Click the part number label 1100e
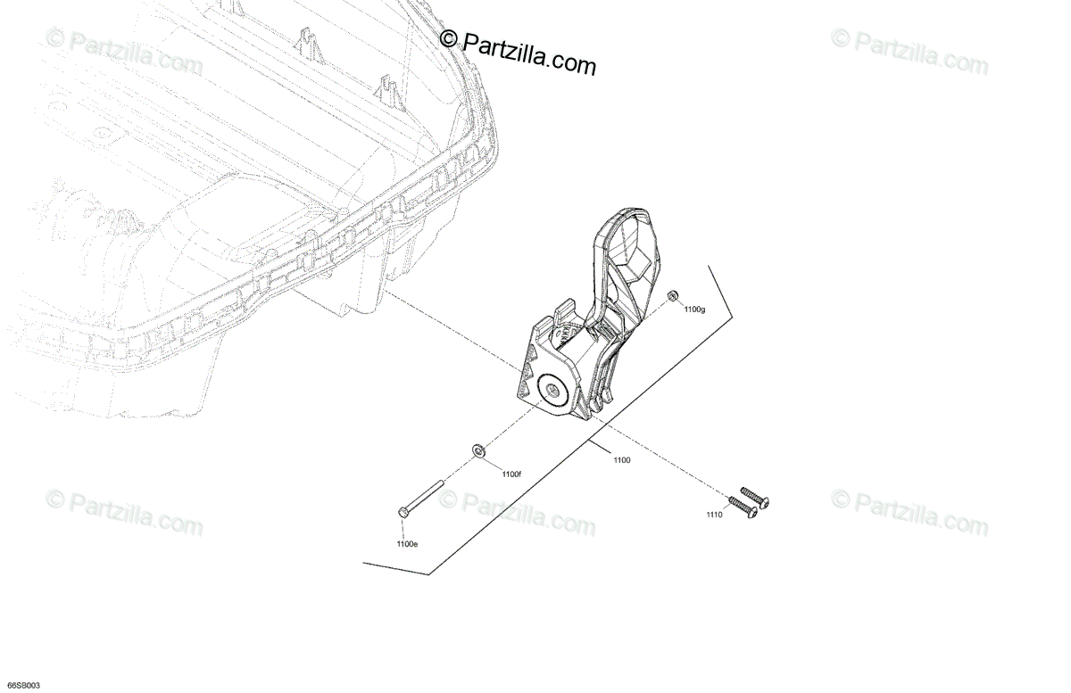406,543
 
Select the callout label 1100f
511,474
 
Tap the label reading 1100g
694,309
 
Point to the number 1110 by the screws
714,516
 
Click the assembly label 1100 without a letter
622,459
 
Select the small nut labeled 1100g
674,295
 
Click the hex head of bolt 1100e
404,512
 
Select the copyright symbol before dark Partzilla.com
449,37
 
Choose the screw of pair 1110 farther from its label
755,497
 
